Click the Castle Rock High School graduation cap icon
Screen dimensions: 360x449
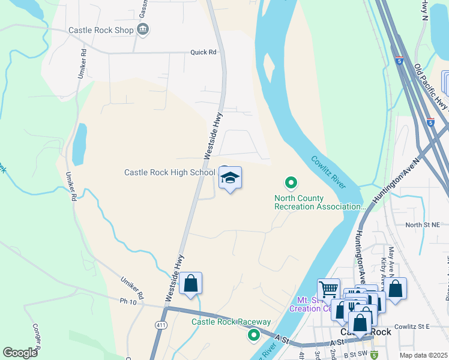(x=231, y=178)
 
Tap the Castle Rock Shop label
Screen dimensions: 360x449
(x=100, y=30)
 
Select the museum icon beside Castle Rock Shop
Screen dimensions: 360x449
(x=143, y=29)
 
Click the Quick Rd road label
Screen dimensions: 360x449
(x=203, y=52)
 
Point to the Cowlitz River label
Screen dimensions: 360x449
(x=328, y=172)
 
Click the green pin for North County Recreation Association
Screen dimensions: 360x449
(x=291, y=182)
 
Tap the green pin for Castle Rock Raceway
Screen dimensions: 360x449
(x=254, y=335)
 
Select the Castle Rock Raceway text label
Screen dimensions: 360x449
(x=231, y=322)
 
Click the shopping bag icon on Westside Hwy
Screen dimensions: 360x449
(x=190, y=284)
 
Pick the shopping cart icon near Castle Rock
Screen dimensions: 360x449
(x=328, y=290)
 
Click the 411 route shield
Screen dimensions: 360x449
(x=160, y=325)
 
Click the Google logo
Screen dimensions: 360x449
(x=20, y=352)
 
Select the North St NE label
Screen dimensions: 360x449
(x=422, y=225)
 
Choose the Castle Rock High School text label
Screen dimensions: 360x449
(x=169, y=172)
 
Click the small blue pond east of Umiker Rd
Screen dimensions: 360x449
(x=79, y=145)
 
